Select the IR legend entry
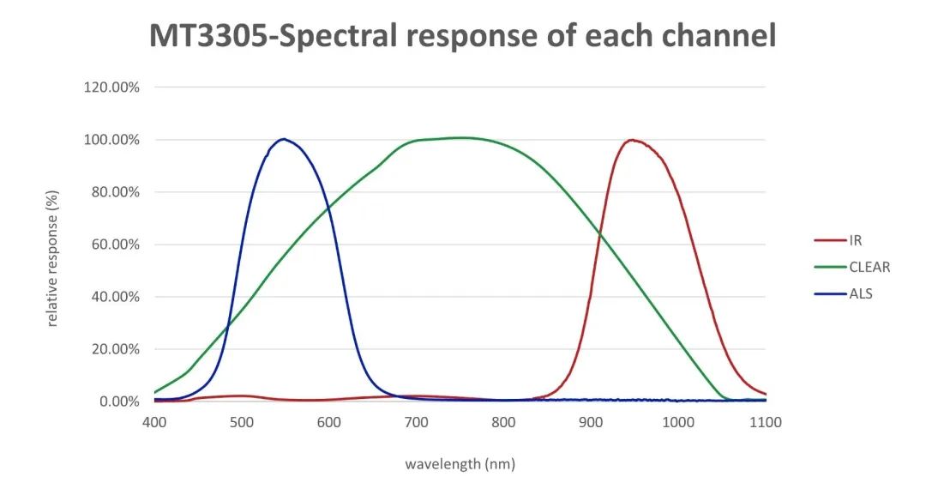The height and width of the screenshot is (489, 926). tap(855, 240)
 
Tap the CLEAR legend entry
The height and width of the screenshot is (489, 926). tap(869, 267)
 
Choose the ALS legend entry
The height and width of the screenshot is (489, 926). tap(860, 293)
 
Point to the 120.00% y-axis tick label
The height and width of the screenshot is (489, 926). tap(111, 87)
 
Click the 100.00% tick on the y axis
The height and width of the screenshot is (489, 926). tap(111, 139)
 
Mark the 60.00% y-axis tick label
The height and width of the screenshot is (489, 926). tap(114, 244)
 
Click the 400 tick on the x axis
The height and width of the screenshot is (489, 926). tap(154, 422)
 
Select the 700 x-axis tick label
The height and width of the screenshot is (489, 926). tap(416, 422)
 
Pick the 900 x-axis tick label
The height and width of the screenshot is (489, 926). tap(590, 422)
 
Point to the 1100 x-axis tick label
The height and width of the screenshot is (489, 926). tap(765, 422)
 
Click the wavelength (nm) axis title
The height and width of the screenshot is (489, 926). tap(460, 464)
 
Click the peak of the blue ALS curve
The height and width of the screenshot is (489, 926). tap(283, 139)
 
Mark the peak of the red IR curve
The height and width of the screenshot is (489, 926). tap(632, 140)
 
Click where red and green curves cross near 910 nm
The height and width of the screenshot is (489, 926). tap(599, 235)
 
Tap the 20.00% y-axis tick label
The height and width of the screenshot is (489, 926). tap(114, 349)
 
